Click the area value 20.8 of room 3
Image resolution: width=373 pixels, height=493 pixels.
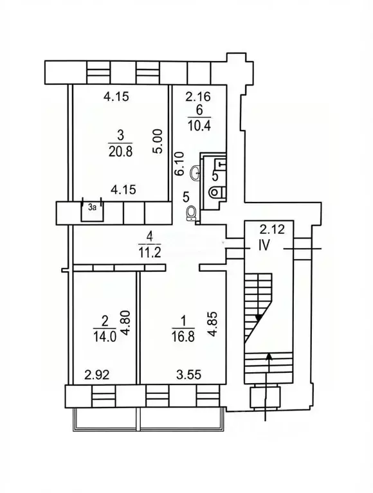[x=121, y=151]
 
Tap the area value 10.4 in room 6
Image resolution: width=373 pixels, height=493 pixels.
[x=199, y=125]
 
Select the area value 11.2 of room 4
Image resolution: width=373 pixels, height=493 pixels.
[x=150, y=252]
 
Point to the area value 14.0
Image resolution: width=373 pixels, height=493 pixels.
[x=105, y=337]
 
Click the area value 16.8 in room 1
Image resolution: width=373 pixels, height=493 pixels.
[x=183, y=337]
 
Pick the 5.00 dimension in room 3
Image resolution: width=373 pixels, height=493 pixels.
[x=158, y=141]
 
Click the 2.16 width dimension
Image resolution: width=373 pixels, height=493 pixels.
[x=198, y=96]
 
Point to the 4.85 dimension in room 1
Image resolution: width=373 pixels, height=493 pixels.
[x=214, y=324]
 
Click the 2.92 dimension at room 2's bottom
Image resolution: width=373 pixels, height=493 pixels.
[x=97, y=375]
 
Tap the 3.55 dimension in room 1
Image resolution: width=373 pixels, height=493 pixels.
[x=188, y=375]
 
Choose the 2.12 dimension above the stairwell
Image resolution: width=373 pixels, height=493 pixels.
[x=272, y=230]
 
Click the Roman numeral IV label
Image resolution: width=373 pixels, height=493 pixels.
[x=264, y=246]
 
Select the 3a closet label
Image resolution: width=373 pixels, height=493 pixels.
[x=92, y=207]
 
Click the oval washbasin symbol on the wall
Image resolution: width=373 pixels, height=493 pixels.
[x=196, y=173]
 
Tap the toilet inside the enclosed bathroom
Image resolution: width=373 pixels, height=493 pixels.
[x=217, y=192]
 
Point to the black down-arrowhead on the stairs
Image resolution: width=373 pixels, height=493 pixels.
[x=259, y=318]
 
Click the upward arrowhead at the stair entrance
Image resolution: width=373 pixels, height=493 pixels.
[x=269, y=355]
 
